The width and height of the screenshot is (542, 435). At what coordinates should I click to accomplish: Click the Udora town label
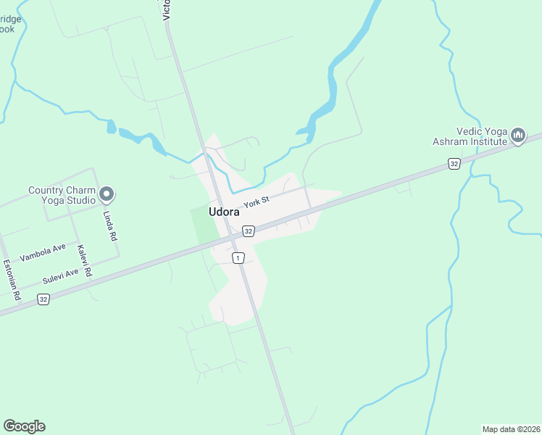pos(224,212)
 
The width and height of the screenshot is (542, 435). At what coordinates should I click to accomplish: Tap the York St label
pos(257,202)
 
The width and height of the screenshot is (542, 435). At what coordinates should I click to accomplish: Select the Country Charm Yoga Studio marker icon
pos(107,194)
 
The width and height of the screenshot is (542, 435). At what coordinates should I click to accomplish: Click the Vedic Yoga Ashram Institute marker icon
pos(517,135)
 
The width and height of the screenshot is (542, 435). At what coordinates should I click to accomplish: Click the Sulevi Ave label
pos(60,276)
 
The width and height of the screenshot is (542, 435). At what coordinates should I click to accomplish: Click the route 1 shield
pos(237,257)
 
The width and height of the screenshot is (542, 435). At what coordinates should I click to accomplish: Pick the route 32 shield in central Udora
pos(249,231)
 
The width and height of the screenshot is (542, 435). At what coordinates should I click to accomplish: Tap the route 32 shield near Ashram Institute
pos(454,164)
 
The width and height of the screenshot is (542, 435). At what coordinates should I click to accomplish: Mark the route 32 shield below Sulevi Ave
pos(43,299)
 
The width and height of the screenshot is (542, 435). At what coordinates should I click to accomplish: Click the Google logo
pos(24,426)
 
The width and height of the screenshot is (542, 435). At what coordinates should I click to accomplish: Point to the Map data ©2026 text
pos(511,429)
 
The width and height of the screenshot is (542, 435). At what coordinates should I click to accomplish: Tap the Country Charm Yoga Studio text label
pos(62,196)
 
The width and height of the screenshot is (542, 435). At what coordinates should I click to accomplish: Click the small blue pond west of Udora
pos(111,128)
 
